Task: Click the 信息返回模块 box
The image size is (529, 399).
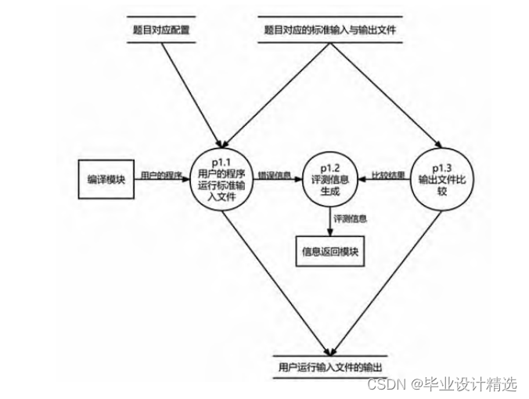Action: click(329, 252)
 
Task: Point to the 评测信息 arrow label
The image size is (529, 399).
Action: click(350, 219)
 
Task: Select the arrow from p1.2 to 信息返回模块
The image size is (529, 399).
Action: click(329, 222)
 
